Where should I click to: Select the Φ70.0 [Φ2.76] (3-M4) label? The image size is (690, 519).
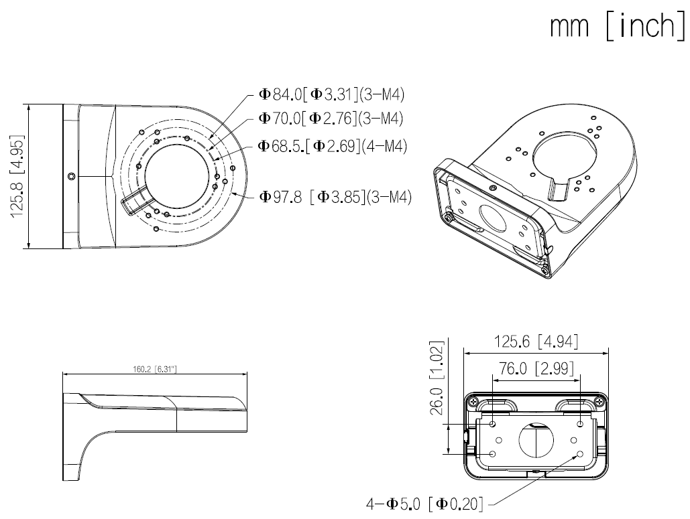[330, 119]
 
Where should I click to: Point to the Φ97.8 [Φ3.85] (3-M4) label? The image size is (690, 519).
[335, 197]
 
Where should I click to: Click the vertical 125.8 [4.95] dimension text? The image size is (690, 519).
[17, 175]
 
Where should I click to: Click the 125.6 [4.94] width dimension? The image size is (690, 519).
[536, 342]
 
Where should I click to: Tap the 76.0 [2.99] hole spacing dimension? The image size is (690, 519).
[534, 368]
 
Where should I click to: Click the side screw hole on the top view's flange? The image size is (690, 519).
[70, 176]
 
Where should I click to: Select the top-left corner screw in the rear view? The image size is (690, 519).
[475, 402]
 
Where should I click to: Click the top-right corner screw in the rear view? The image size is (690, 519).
[595, 402]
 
